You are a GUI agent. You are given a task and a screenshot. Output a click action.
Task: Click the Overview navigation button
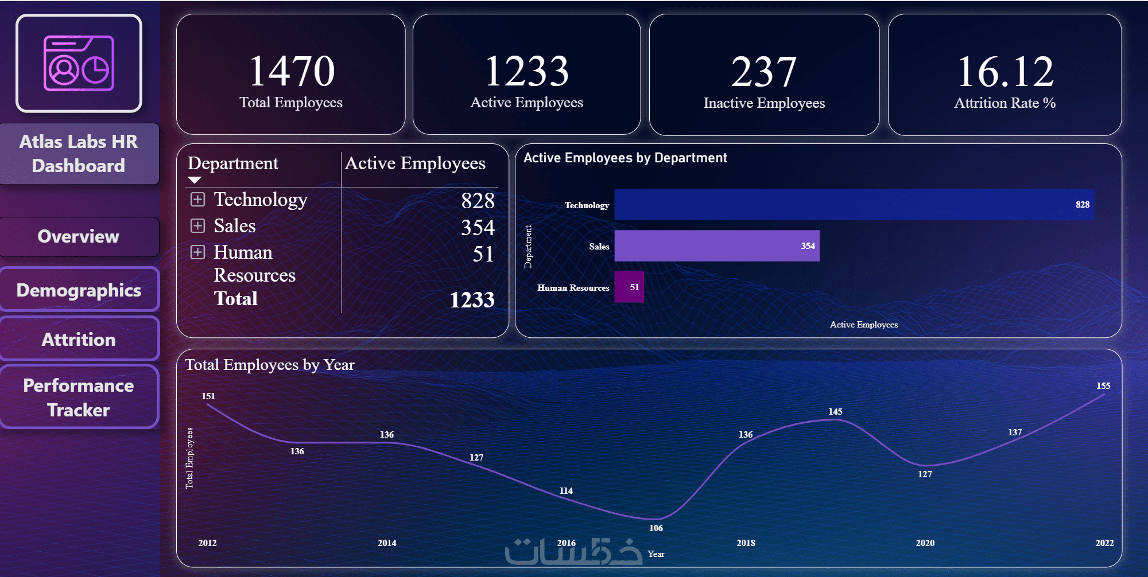79,236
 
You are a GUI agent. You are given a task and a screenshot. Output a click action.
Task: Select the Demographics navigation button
79,290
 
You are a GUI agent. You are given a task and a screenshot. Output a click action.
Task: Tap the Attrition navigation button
79,339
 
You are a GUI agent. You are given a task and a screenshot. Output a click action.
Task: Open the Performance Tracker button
79,397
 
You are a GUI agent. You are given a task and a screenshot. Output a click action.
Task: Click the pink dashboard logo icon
79,64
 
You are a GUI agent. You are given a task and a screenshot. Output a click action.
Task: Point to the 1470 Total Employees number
292,72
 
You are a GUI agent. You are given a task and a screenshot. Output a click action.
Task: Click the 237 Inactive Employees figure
763,72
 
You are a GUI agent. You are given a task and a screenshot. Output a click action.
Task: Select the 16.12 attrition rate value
1004,72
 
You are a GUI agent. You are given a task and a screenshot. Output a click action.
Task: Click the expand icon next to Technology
197,199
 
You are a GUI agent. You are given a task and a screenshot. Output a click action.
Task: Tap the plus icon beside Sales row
197,225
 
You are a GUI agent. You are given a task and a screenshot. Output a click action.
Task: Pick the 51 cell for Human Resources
483,254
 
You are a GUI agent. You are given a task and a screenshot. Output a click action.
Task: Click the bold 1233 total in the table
471,299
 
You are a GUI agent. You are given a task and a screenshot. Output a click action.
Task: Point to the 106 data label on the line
656,528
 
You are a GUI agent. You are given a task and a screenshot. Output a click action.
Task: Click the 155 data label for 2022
1103,386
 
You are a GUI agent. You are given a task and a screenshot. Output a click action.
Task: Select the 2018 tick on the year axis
746,543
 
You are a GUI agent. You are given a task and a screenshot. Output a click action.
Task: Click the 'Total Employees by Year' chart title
270,365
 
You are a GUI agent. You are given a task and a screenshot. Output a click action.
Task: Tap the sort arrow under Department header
195,180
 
